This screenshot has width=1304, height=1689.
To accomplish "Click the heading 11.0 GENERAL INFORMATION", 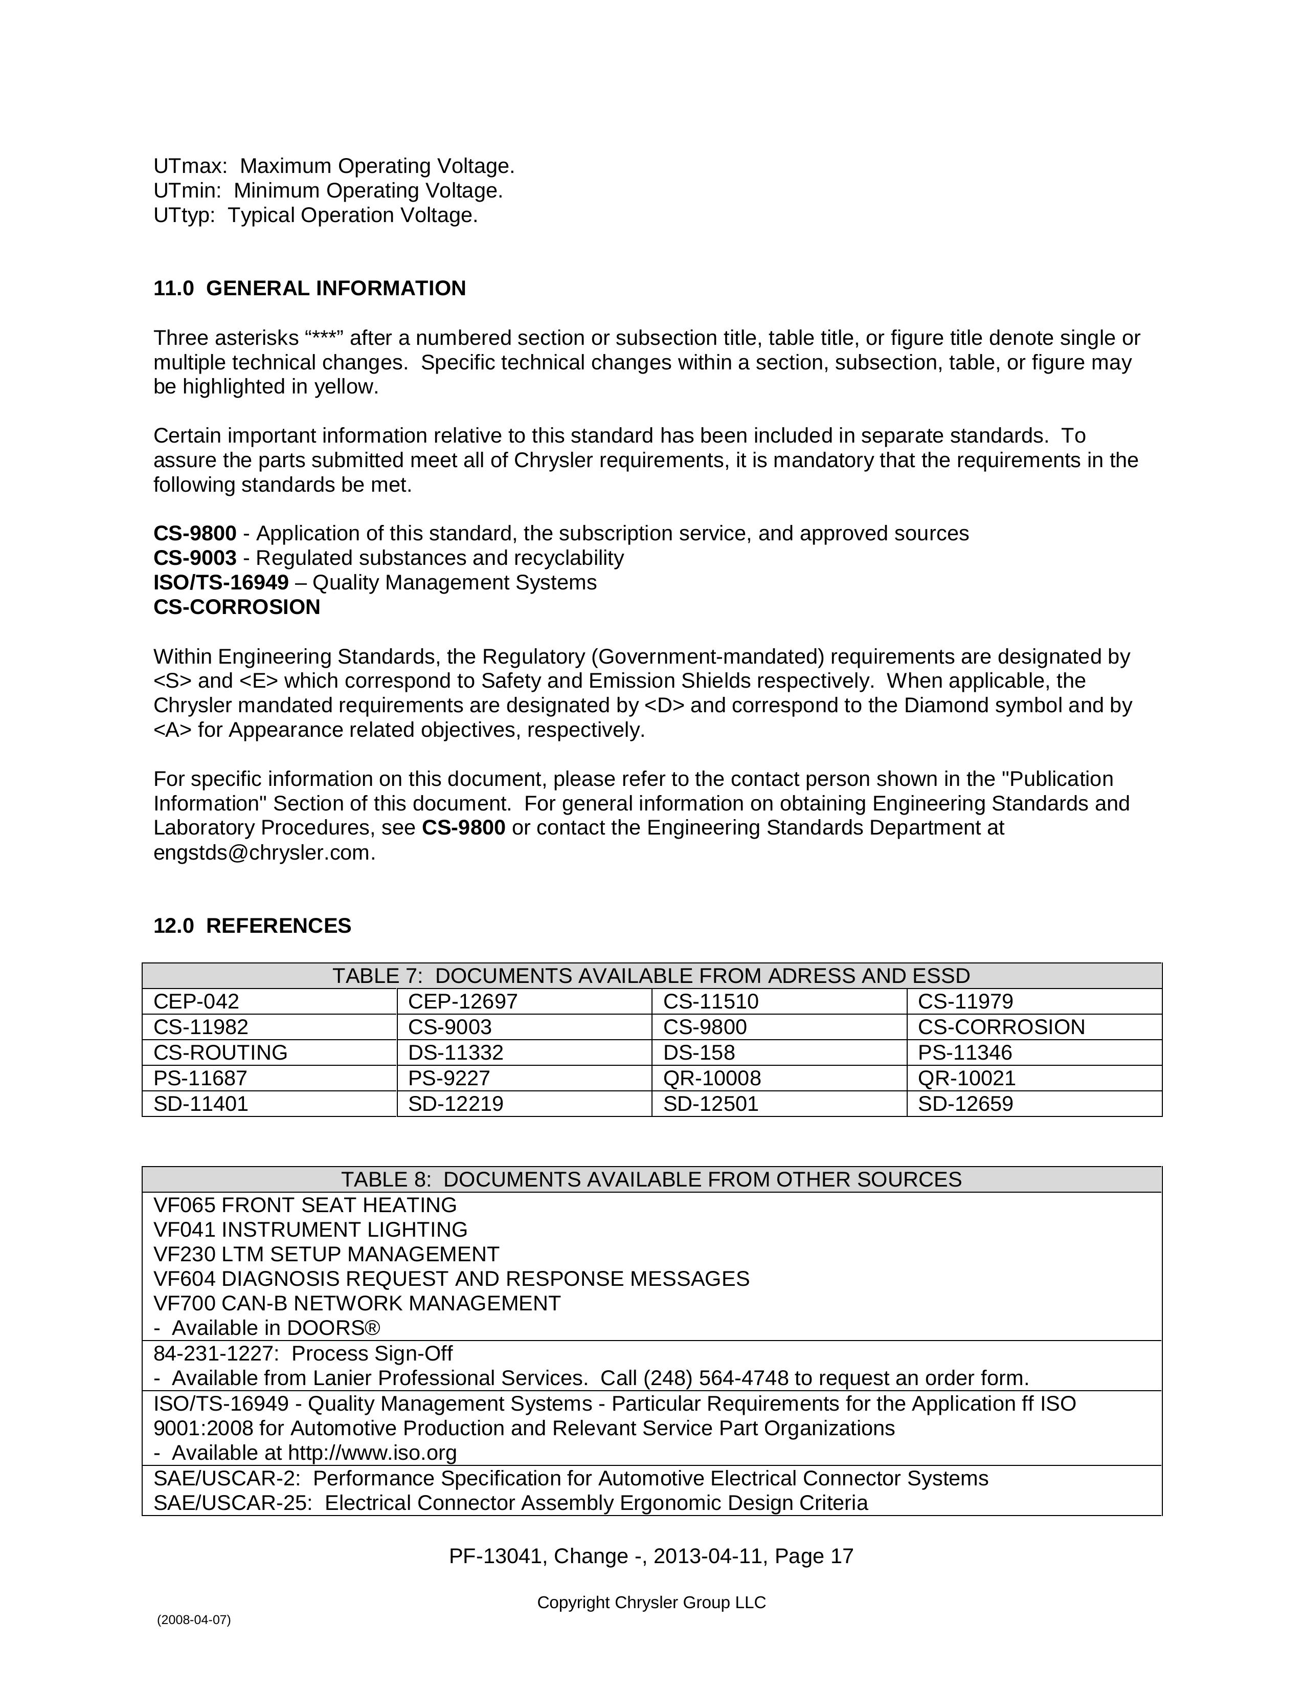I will [x=309, y=289].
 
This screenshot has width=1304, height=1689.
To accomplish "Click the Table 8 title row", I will [x=651, y=1179].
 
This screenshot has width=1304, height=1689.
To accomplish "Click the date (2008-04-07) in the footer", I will [x=193, y=1620].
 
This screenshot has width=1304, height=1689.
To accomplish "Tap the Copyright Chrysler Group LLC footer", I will [x=651, y=1603].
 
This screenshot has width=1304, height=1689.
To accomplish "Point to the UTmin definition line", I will [x=328, y=190].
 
